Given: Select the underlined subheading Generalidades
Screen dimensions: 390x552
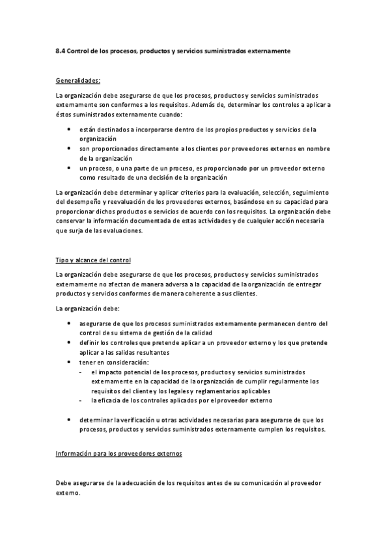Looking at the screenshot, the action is coord(78,81).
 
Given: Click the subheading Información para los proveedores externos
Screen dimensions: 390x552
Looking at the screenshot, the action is coord(118,452).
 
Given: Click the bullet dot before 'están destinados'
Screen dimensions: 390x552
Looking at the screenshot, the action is coord(70,130).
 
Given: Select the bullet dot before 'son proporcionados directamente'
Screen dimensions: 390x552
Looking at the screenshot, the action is coord(70,148).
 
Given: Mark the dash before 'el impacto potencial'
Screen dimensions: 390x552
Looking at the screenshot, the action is coord(80,371).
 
